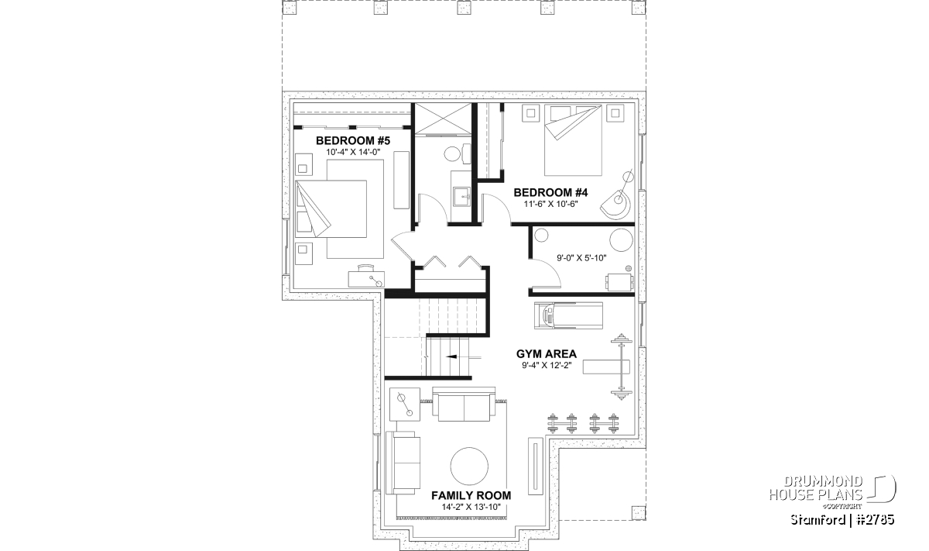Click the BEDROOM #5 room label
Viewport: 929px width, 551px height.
353,140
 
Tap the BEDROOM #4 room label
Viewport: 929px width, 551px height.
550,193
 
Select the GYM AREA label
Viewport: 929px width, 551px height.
547,353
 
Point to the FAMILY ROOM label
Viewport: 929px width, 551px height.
471,495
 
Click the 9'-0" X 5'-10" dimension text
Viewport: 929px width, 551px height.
581,258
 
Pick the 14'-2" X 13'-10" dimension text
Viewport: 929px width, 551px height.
471,507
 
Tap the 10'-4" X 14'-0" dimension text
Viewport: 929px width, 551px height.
353,152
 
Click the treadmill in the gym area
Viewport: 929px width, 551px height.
568,316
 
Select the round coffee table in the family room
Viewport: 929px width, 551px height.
469,466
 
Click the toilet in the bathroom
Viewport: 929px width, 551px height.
456,154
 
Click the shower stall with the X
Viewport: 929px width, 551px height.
444,119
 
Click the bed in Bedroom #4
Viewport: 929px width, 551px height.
573,140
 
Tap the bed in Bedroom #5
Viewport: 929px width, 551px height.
331,209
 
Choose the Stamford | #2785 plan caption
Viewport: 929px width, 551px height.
842,520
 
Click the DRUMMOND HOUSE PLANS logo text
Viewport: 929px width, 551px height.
816,488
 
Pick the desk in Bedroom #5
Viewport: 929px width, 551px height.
366,279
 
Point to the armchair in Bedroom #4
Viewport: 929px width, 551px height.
616,205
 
